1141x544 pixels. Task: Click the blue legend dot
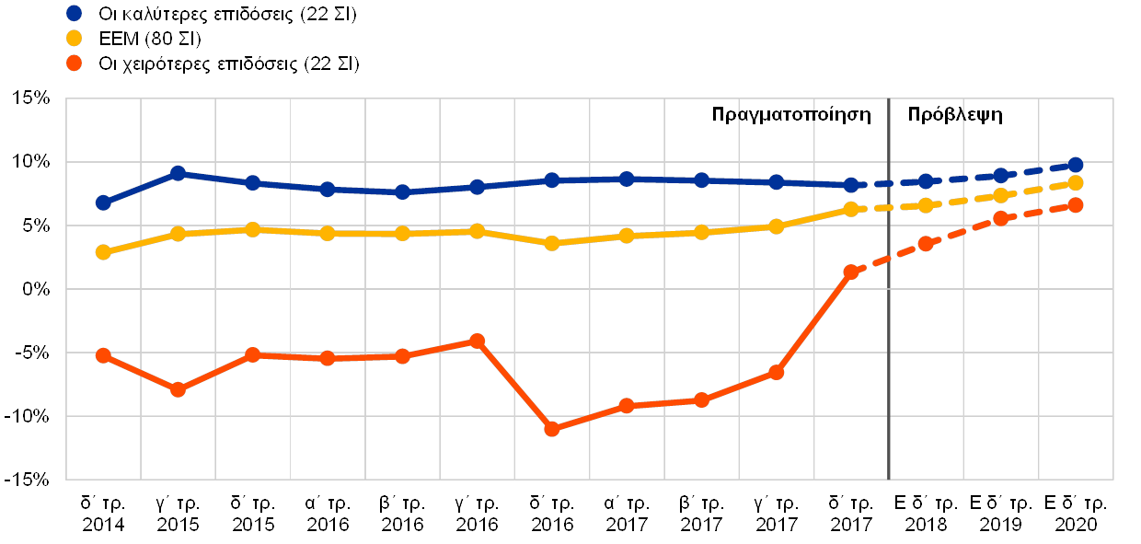click(x=75, y=14)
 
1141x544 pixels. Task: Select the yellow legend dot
click(x=75, y=39)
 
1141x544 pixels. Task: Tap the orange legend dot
click(x=75, y=64)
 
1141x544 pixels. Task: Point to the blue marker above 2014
click(x=103, y=203)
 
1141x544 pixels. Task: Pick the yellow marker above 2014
click(x=103, y=251)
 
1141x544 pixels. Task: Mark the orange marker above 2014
click(x=103, y=355)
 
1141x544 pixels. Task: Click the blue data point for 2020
click(x=1075, y=165)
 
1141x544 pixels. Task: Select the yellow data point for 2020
click(x=1075, y=183)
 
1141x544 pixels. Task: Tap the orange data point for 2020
click(x=1075, y=204)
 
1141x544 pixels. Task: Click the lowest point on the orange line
click(x=552, y=429)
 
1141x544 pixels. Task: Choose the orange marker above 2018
click(x=926, y=244)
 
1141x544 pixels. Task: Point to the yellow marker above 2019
click(x=1000, y=195)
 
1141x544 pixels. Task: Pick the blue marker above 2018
click(x=926, y=181)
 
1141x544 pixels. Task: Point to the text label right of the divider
click(x=962, y=115)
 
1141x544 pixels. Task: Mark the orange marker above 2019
click(x=1000, y=218)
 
